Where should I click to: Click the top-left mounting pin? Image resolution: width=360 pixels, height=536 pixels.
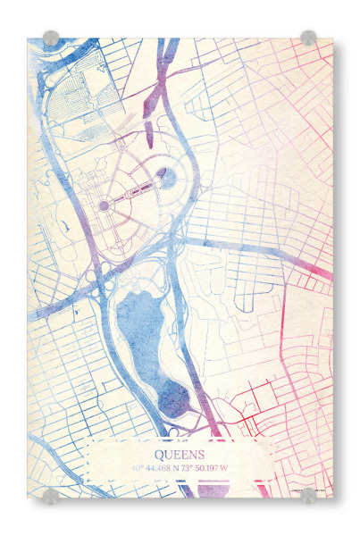point(51,38)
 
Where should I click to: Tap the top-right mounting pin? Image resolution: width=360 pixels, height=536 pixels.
point(308,38)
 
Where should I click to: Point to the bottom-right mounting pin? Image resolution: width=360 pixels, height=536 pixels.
point(308,496)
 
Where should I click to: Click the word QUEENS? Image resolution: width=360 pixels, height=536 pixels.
point(180,454)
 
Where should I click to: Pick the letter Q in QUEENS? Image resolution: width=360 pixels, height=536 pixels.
point(159,454)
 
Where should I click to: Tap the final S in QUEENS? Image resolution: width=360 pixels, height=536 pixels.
point(201,454)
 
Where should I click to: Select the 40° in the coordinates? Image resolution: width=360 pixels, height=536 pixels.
point(138,467)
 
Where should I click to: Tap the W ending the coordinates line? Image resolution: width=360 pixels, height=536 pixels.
point(225,467)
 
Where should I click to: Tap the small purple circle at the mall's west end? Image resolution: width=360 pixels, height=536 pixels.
point(104,205)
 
